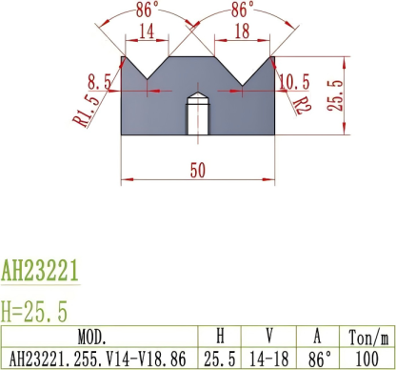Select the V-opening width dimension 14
pyautogui.click(x=146, y=32)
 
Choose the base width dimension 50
pyautogui.click(x=197, y=170)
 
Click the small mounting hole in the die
pyautogui.click(x=197, y=113)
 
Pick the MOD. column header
pyautogui.click(x=99, y=337)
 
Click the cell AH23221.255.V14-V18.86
pyautogui.click(x=99, y=358)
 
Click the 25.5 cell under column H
pyautogui.click(x=220, y=358)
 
